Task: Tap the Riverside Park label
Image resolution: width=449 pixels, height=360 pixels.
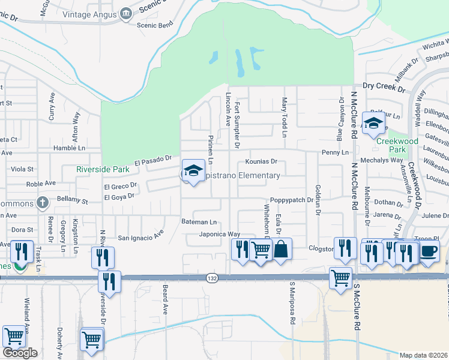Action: [103, 170]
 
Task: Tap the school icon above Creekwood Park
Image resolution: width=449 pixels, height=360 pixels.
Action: [374, 125]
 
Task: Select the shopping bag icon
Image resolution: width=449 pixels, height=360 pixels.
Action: [281, 248]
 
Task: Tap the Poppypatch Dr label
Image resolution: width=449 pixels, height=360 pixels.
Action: [291, 200]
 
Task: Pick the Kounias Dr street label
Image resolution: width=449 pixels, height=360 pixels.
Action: [261, 161]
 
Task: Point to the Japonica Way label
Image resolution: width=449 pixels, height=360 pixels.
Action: [220, 234]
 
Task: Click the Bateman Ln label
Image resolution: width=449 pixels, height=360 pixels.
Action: [199, 222]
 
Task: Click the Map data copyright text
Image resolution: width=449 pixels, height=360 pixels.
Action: [424, 355]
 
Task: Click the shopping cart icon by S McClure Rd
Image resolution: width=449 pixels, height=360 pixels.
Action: [340, 278]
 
